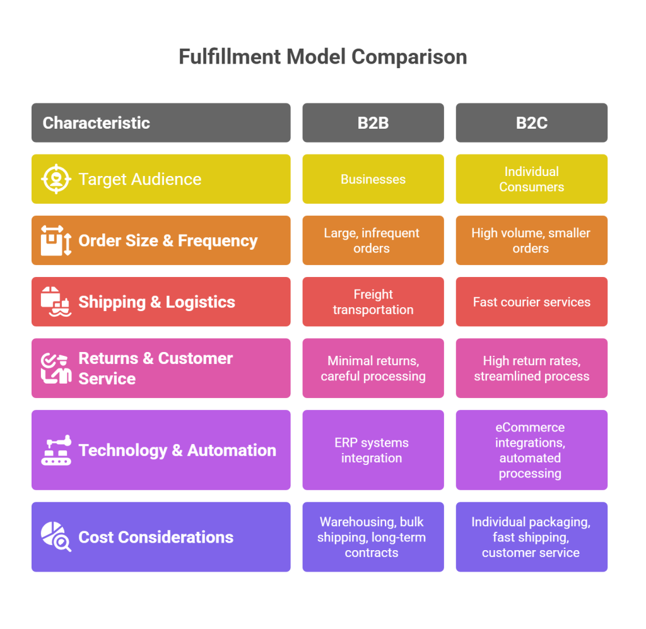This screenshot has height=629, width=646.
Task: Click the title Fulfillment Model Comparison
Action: [322, 57]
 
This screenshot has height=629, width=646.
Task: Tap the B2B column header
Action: [373, 122]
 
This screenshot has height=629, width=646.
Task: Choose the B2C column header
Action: [531, 122]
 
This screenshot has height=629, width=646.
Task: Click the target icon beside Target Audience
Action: [56, 179]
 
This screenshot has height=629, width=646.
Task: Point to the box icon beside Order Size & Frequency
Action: [56, 240]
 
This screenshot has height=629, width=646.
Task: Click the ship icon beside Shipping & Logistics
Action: [56, 302]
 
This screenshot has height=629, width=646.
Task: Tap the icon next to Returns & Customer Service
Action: [56, 368]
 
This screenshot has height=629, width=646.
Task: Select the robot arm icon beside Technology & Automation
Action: [56, 450]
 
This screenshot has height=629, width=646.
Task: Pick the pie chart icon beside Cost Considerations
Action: [56, 537]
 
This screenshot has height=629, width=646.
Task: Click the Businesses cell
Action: [373, 179]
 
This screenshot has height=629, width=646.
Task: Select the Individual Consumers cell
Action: [531, 179]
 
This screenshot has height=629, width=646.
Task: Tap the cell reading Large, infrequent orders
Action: [373, 240]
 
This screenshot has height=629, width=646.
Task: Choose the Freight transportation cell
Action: [373, 302]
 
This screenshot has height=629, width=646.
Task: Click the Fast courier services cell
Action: [531, 302]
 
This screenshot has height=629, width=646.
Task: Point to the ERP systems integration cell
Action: [373, 450]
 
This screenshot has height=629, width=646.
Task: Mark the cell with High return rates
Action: [531, 368]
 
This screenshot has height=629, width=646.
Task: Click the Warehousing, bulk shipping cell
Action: [373, 537]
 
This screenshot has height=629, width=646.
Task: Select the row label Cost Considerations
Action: [156, 537]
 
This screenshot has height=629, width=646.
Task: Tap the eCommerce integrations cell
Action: [531, 450]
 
